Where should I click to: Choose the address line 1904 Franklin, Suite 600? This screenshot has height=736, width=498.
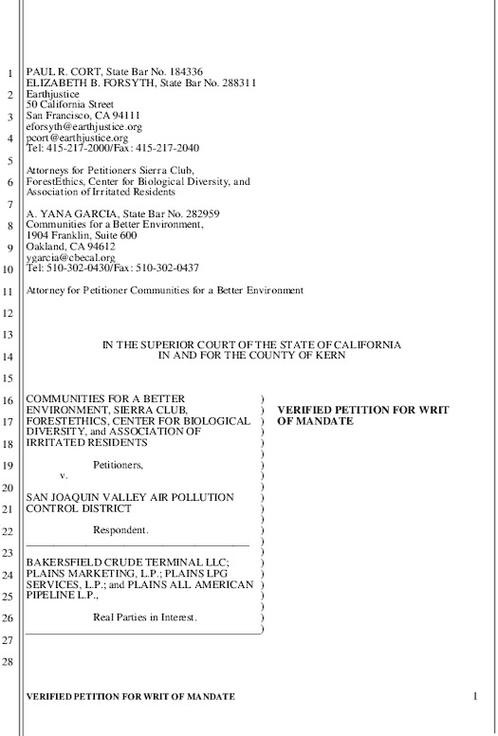pos(82,235)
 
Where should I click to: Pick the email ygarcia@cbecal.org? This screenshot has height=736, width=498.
pos(70,257)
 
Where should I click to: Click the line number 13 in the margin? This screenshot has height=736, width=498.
pos(8,336)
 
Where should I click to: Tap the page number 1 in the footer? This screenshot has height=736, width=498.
pos(472,696)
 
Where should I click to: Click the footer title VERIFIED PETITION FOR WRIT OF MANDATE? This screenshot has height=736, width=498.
pos(130,696)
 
